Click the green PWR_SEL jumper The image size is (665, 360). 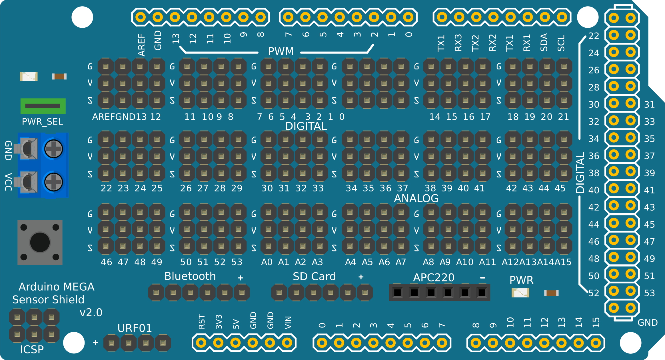(43, 106)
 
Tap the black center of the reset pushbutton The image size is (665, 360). (40, 242)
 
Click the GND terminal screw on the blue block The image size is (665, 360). (53, 149)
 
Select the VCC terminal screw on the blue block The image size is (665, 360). (53, 182)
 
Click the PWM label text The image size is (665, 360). (281, 51)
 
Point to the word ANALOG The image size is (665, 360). (416, 198)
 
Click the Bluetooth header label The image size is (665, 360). (190, 276)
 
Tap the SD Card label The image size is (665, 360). (314, 276)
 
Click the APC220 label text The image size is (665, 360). (433, 277)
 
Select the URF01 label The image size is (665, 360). (135, 328)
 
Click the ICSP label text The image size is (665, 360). (32, 349)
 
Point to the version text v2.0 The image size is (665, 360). (91, 313)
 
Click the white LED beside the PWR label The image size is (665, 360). (520, 293)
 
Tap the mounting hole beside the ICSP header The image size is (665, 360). (74, 343)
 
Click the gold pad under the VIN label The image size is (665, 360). (287, 343)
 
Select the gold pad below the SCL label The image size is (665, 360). (562, 17)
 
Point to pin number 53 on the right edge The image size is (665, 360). (649, 293)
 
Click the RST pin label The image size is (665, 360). (202, 322)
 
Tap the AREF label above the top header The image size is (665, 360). (141, 45)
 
